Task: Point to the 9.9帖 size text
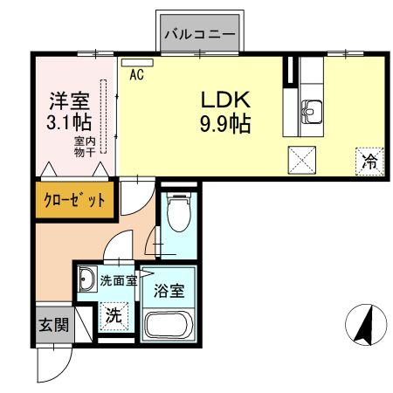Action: coord(225,123)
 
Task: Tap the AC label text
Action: coord(136,75)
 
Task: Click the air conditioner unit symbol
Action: coord(132,62)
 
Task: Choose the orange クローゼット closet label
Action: coord(75,199)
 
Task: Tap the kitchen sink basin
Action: coord(312,111)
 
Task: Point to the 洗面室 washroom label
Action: coord(118,281)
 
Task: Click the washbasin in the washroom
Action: coord(87,280)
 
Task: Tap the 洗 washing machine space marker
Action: coord(114,314)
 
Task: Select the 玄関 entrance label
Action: coord(52,325)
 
